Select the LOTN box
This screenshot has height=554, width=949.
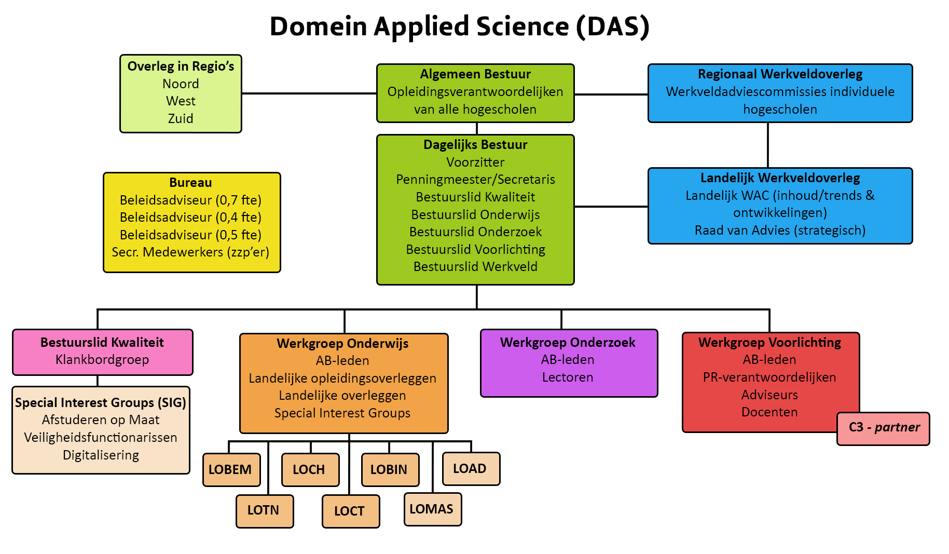pos(265,510)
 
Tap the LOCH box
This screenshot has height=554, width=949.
pos(310,469)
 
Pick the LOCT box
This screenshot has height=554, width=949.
pos(351,511)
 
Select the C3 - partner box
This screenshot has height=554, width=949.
pos(883,428)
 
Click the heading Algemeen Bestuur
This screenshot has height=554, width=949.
pos(475,74)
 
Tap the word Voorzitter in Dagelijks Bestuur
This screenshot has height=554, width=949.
pos(475,162)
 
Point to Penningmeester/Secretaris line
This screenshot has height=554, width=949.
pos(475,180)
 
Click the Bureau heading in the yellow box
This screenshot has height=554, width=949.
pos(190,183)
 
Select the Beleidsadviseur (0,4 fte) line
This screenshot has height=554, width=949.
pos(190,217)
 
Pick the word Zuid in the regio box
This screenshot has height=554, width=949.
pos(181,118)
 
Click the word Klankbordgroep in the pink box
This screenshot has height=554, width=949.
pos(102,359)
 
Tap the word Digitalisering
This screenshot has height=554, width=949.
pos(101,455)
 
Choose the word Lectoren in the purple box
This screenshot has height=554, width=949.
pos(568,377)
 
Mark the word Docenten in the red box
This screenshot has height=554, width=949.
pos(769,412)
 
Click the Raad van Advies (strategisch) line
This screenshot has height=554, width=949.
pos(780,230)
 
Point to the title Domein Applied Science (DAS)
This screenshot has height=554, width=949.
pos(460,26)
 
